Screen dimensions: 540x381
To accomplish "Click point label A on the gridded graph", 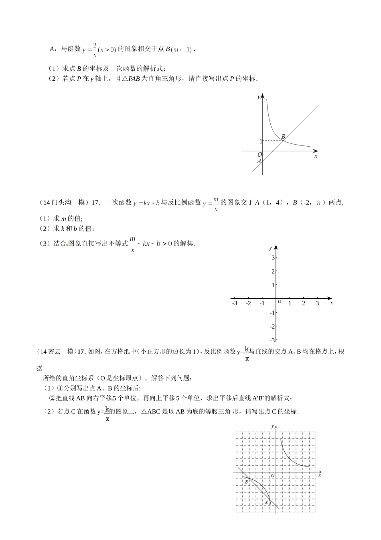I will [x=266, y=502].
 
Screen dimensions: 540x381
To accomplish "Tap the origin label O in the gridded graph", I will [x=272, y=476].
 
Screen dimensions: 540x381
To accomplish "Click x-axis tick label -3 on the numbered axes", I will [x=235, y=303].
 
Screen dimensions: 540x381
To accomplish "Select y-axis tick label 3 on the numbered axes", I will [x=273, y=258].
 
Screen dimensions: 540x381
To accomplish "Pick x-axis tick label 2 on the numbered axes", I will [x=304, y=303].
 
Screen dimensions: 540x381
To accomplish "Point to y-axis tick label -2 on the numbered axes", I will [x=272, y=326].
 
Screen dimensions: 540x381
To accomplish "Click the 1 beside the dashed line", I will [x=261, y=141].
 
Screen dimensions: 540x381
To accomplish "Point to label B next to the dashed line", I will [x=283, y=137].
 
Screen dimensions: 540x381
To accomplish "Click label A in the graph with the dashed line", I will [x=259, y=161].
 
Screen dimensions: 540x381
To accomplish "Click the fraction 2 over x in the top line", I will [x=95, y=50].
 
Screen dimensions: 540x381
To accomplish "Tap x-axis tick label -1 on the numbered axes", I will [x=262, y=303].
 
